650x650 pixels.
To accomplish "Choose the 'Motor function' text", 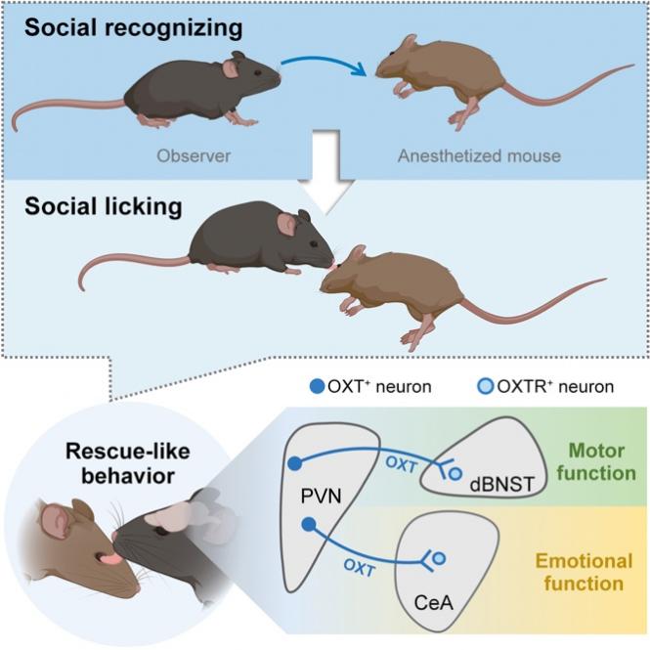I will click(x=585, y=462).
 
